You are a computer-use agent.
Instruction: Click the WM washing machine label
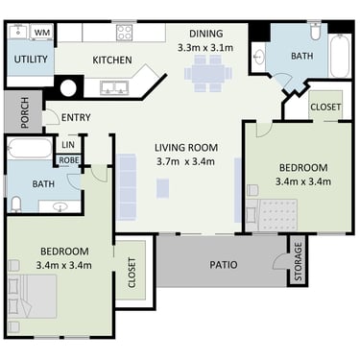(41, 33)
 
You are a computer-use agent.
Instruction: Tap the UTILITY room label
(31, 60)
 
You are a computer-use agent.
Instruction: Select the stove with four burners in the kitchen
(124, 33)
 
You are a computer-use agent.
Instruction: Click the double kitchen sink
(114, 87)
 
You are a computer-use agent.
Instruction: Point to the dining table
(208, 74)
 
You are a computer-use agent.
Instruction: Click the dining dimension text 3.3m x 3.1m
(205, 48)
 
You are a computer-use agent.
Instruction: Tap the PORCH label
(24, 112)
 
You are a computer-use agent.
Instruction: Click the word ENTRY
(76, 117)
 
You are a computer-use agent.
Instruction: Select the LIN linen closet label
(68, 145)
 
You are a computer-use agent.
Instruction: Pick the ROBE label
(69, 160)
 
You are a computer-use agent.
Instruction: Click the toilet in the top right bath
(315, 31)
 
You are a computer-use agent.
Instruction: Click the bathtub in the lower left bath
(30, 148)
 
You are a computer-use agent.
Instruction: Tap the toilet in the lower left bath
(15, 204)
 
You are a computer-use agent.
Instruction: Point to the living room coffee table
(162, 188)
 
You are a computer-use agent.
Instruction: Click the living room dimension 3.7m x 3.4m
(186, 161)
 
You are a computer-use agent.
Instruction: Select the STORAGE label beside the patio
(298, 262)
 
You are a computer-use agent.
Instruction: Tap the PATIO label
(224, 265)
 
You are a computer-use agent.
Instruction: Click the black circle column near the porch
(68, 87)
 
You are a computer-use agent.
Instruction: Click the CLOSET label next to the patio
(132, 273)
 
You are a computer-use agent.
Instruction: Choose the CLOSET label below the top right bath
(325, 107)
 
